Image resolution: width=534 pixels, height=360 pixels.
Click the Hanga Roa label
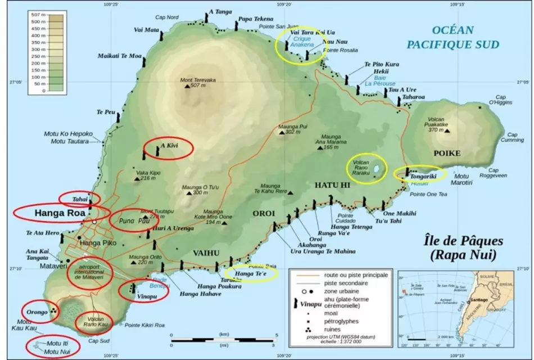pos(60,213)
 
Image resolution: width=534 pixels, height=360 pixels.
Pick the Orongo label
pos(35,312)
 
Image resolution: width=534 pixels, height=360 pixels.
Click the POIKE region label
pos(447,153)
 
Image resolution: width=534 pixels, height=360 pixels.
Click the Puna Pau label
pos(130,221)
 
